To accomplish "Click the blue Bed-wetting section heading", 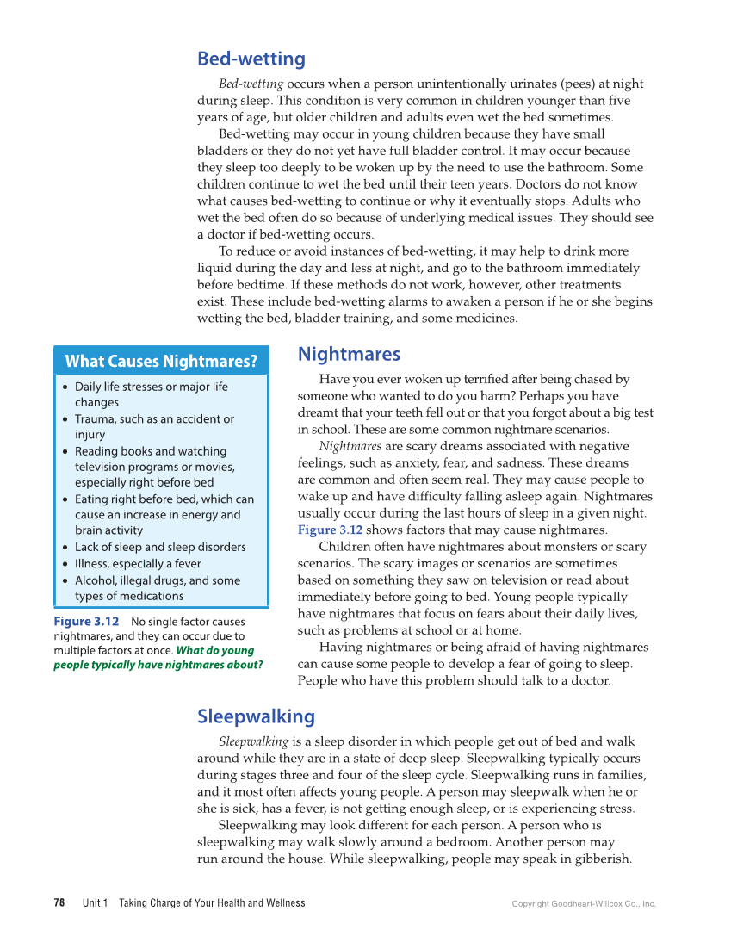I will pos(251,59).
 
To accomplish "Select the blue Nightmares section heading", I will pos(349,354).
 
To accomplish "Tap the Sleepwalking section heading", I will pos(256,716).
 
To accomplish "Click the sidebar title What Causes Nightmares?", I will pos(161,362).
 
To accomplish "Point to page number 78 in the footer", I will pos(59,903).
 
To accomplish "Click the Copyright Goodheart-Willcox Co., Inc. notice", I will pos(584,904).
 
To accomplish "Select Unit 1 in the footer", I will pos(95,903).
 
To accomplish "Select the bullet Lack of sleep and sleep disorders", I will pos(160,547).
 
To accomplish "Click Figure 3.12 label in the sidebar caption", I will pos(85,622).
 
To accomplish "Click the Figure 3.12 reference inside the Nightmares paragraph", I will pos(330,530).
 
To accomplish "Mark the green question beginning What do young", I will pos(158,658).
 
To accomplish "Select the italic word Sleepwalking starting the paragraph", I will pos(253,741).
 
